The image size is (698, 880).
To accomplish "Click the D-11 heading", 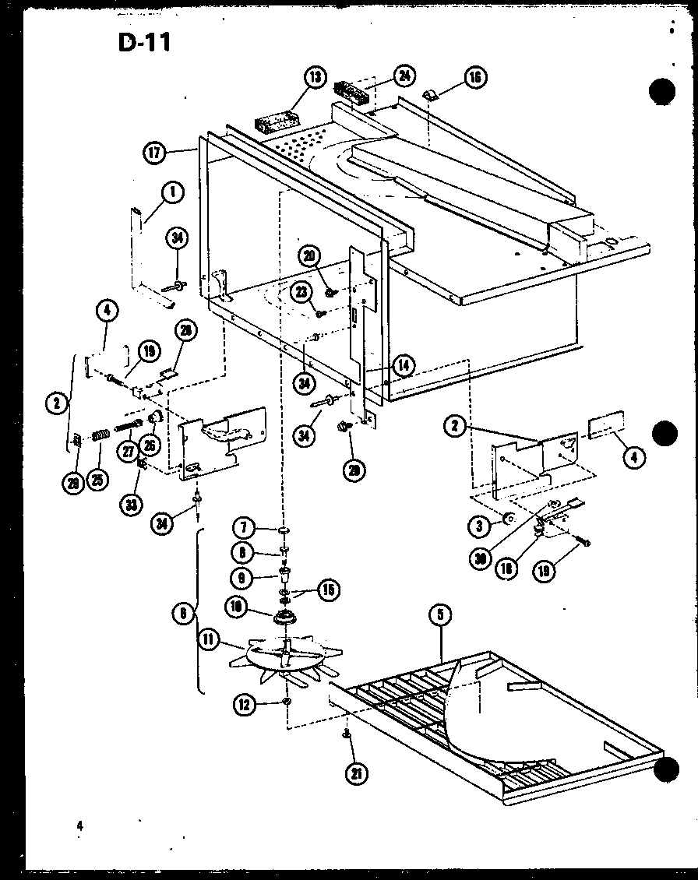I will click(x=144, y=42).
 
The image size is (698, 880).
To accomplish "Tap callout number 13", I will click(x=314, y=78).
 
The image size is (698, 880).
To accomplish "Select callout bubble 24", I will click(x=403, y=76).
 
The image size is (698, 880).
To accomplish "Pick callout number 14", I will click(x=404, y=364).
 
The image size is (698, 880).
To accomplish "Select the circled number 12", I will click(x=244, y=706).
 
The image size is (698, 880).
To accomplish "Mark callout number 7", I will click(x=245, y=529).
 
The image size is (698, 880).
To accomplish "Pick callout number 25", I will click(x=97, y=478).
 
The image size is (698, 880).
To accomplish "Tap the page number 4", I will click(x=79, y=826).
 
